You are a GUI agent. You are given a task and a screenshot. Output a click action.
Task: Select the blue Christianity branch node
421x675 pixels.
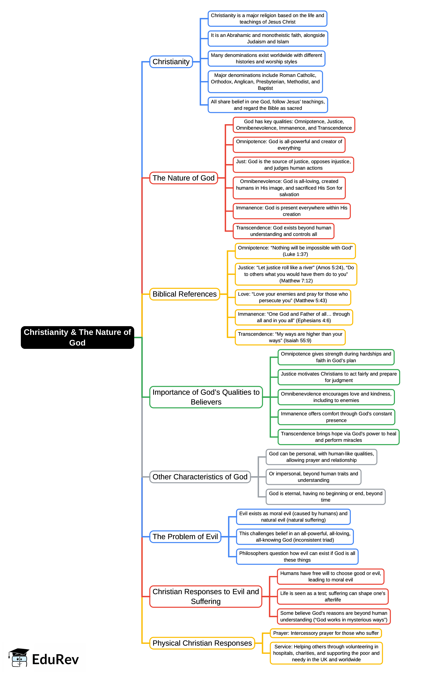coord(171,61)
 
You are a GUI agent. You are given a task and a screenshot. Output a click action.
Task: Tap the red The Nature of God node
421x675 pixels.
coord(183,178)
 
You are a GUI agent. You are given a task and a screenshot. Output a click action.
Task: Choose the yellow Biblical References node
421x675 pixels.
coord(185,294)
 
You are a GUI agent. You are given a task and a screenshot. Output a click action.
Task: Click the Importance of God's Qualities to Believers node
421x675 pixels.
coord(206,397)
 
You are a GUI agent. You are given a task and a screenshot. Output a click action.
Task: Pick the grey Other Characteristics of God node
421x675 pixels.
coord(200,477)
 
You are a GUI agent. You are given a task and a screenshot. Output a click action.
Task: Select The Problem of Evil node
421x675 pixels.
coord(185,537)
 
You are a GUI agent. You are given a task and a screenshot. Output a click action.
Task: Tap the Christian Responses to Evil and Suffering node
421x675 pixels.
coord(206,596)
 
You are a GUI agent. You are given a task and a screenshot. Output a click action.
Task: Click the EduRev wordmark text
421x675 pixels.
coord(55,659)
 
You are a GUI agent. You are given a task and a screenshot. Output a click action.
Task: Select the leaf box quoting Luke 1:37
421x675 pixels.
coord(295,251)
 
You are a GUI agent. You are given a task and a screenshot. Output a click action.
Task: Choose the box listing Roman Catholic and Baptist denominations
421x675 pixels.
coord(265,81)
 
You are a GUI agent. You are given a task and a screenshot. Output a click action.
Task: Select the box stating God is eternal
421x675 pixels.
coord(326,497)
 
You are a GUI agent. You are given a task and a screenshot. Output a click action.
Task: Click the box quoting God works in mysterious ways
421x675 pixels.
coord(334,616)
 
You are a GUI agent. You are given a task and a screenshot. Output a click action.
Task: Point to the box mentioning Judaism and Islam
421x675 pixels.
coord(268,38)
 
